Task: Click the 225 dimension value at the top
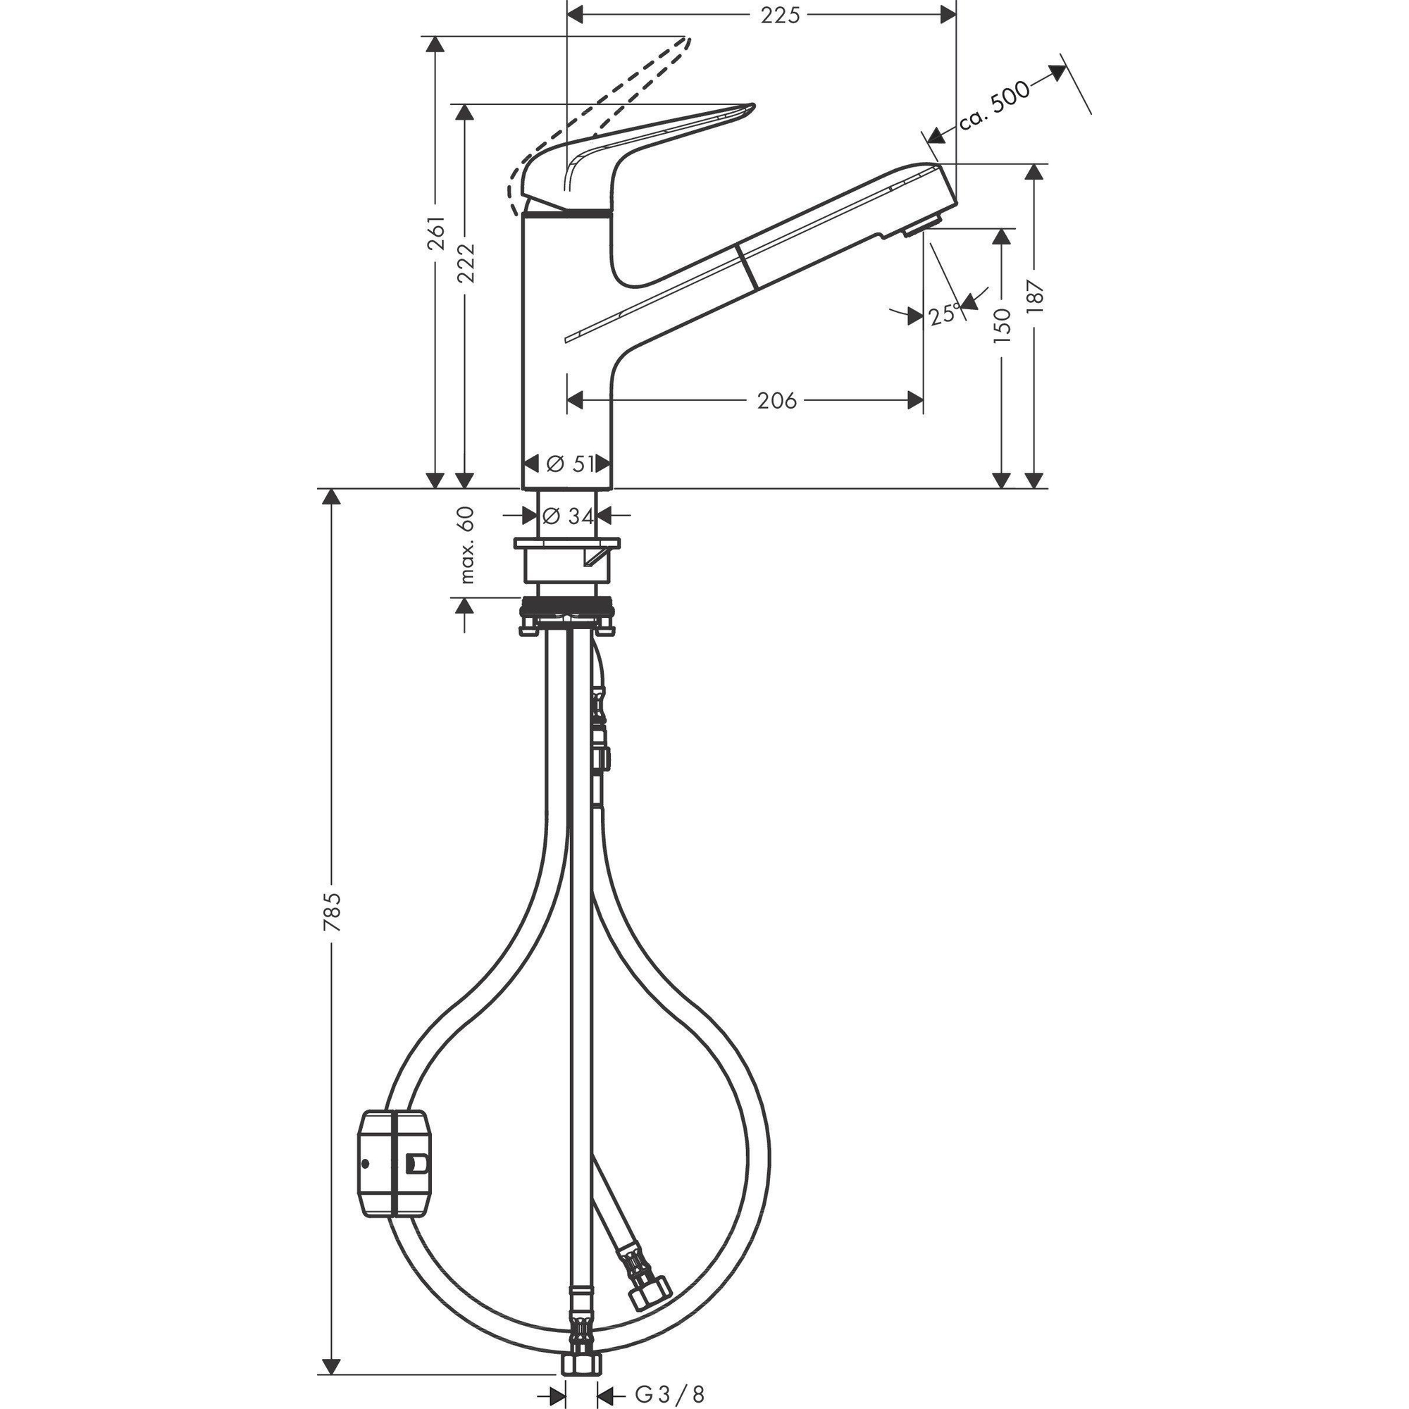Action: pyautogui.click(x=781, y=15)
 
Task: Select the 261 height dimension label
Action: pyautogui.click(x=436, y=232)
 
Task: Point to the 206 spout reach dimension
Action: pyautogui.click(x=776, y=400)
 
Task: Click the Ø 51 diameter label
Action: pyautogui.click(x=569, y=463)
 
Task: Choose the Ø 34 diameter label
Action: pyautogui.click(x=569, y=516)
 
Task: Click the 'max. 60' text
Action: pyautogui.click(x=467, y=545)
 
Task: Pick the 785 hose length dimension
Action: pyautogui.click(x=332, y=912)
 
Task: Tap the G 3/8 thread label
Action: pyautogui.click(x=669, y=1395)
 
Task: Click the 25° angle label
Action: pyautogui.click(x=946, y=314)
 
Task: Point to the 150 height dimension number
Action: pyautogui.click(x=1003, y=326)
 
